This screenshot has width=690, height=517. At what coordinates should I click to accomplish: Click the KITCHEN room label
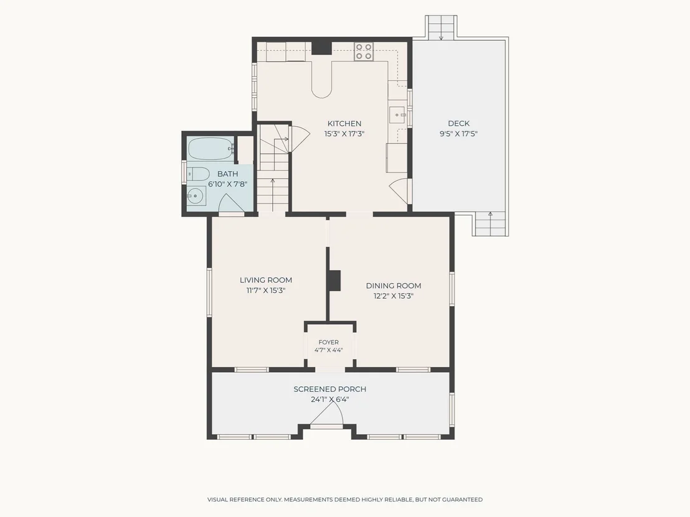tap(344, 124)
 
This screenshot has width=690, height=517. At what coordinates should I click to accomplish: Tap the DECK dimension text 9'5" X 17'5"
tap(458, 134)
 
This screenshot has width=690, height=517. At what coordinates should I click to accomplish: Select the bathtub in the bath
tap(210, 149)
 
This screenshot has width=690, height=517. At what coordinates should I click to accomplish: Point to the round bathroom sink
tap(196, 195)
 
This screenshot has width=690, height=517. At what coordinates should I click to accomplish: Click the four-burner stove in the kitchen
tap(364, 51)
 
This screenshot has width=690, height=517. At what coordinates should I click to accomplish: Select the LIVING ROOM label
tap(266, 280)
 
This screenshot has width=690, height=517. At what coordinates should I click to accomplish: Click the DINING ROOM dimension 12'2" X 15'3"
tap(394, 296)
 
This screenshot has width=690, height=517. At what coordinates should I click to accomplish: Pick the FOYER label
tap(329, 342)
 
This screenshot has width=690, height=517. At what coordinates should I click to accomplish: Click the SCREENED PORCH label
tap(329, 389)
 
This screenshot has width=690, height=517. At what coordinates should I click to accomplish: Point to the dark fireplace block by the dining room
tap(334, 280)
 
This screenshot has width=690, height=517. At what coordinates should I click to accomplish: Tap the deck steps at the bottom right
tap(491, 224)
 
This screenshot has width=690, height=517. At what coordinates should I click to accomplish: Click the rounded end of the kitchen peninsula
tap(322, 91)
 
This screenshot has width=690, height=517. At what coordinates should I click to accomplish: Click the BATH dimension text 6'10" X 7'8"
tap(227, 184)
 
